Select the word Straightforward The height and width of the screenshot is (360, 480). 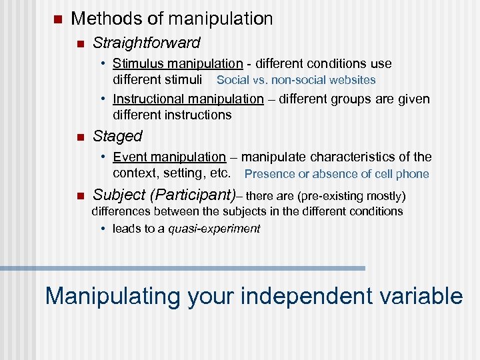pos(146,43)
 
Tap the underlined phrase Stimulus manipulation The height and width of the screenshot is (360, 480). pos(177,64)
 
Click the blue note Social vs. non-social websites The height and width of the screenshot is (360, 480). pos(296,80)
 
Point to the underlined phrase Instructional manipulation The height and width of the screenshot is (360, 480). pos(188,99)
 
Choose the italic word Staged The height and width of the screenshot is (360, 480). pos(117,137)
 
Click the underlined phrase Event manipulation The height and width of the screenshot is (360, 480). pos(169,157)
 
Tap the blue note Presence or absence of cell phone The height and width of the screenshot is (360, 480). pos(337,175)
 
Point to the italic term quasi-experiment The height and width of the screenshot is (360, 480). pos(214,229)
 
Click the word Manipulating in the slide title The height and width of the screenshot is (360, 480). pos(112,295)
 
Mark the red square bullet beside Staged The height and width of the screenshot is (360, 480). pos(79,137)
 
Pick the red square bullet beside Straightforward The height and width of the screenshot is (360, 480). pos(79,44)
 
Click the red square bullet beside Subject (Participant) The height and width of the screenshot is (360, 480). pos(79,196)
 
